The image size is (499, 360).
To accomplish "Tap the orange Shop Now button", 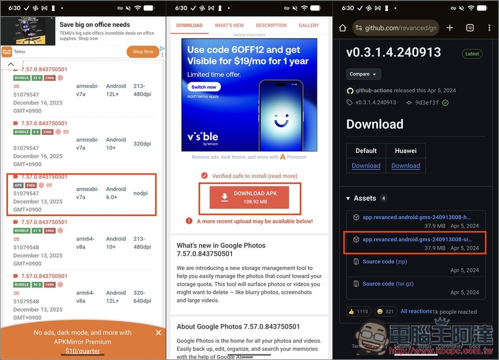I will (143, 51).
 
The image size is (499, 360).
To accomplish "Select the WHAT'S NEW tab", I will (229, 25).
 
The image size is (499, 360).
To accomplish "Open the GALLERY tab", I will (308, 25).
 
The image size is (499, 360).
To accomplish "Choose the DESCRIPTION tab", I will (271, 25).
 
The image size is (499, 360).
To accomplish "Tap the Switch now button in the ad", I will (204, 87).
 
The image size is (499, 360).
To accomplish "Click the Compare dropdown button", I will (363, 74).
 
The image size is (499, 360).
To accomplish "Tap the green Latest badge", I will (472, 54).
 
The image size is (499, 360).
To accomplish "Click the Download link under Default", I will (366, 166).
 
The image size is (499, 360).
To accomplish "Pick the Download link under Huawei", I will (405, 166).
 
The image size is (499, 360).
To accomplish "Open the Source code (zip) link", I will (385, 261).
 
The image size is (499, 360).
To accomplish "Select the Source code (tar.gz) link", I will (388, 284).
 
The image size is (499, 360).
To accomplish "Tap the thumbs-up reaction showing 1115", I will (358, 311).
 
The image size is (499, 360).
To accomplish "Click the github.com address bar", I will (395, 28).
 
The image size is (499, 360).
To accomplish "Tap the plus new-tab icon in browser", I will (450, 28).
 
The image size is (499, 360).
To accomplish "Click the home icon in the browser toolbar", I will (342, 28).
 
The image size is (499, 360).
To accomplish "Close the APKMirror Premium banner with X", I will (158, 333).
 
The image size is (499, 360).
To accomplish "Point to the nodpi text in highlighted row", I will (141, 193).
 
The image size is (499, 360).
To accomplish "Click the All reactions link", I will (416, 311).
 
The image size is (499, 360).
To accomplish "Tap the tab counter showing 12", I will (470, 28).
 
